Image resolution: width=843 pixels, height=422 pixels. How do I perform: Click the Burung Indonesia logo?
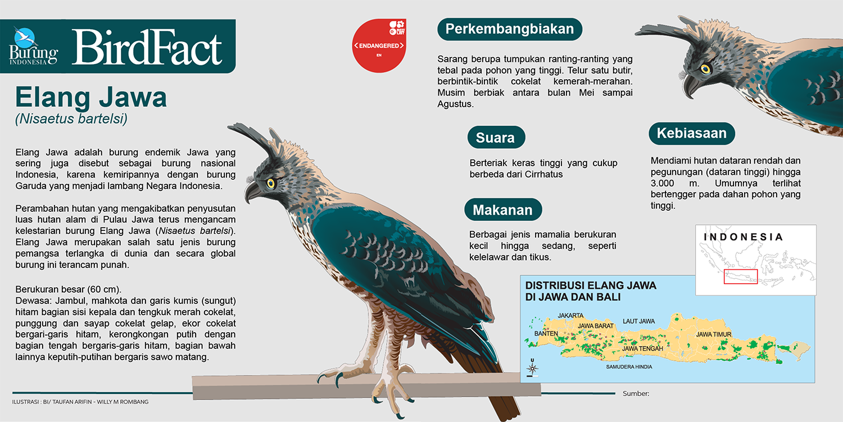(x=34, y=46)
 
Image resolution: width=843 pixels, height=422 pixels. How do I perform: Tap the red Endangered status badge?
(x=379, y=46)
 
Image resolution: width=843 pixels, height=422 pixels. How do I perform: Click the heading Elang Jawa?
(x=90, y=97)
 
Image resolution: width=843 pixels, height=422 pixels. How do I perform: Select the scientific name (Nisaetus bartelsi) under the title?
(x=71, y=119)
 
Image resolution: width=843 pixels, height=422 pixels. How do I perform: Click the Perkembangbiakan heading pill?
(x=510, y=29)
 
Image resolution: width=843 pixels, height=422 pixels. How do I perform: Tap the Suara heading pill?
(x=496, y=138)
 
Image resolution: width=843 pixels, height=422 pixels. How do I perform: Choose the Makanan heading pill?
(x=503, y=210)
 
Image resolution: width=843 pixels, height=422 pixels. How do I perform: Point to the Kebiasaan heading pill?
(x=692, y=133)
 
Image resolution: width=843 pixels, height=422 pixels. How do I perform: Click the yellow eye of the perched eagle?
(x=271, y=183)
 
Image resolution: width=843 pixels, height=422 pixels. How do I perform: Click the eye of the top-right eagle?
(x=705, y=69)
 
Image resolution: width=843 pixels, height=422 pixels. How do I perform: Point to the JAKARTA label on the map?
(x=570, y=315)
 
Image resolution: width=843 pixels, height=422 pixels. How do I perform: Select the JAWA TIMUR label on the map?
(x=714, y=334)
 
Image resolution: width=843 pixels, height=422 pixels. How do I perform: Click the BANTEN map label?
(x=546, y=334)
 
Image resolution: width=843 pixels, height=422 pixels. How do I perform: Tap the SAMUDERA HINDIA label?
(x=629, y=367)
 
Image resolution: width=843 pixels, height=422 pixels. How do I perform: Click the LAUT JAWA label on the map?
(x=638, y=321)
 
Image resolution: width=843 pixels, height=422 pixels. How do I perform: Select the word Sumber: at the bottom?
(x=636, y=394)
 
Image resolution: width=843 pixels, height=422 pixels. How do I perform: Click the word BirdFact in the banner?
(x=147, y=47)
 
